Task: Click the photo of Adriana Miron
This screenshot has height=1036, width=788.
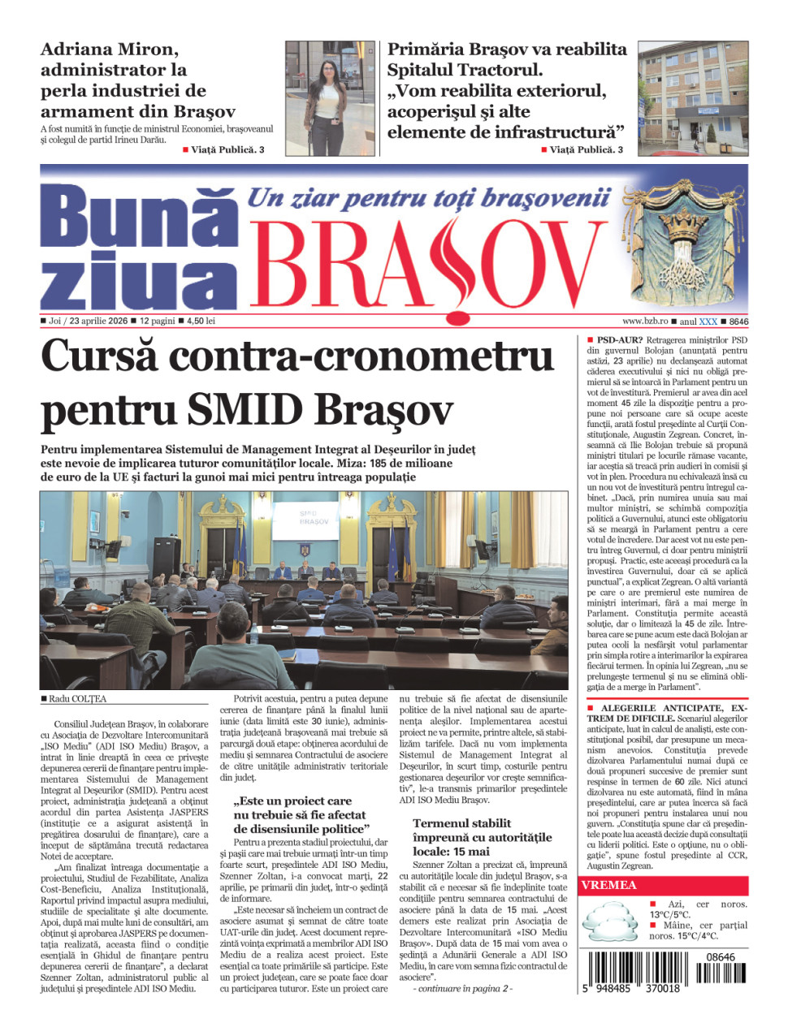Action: point(330,98)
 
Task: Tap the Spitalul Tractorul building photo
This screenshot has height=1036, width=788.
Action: point(692,98)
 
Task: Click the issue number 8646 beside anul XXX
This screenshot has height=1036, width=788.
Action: point(738,322)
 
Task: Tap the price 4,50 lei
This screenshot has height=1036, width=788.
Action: point(201,321)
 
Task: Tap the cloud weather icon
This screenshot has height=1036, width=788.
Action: point(612,924)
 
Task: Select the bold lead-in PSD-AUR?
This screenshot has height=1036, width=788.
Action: point(619,340)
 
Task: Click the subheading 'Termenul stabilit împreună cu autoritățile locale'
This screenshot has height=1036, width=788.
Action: point(482,837)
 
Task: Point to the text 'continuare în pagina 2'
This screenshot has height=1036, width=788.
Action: point(463,988)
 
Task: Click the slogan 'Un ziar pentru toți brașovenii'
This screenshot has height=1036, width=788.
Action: point(428,198)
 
